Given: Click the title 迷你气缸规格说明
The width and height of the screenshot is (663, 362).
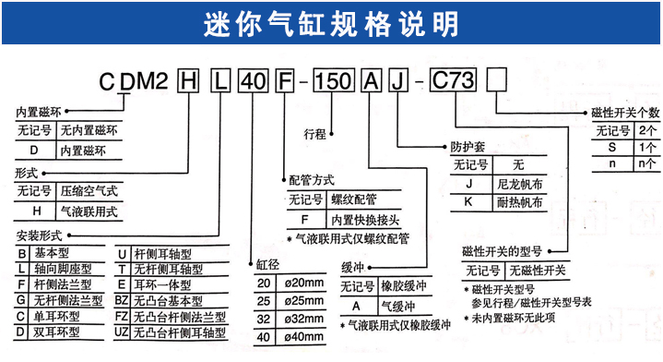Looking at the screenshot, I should tap(330, 20).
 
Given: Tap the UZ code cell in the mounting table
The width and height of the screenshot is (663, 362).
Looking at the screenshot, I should tap(122, 330).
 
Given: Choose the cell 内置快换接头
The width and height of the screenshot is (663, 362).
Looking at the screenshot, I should tap(365, 220).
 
